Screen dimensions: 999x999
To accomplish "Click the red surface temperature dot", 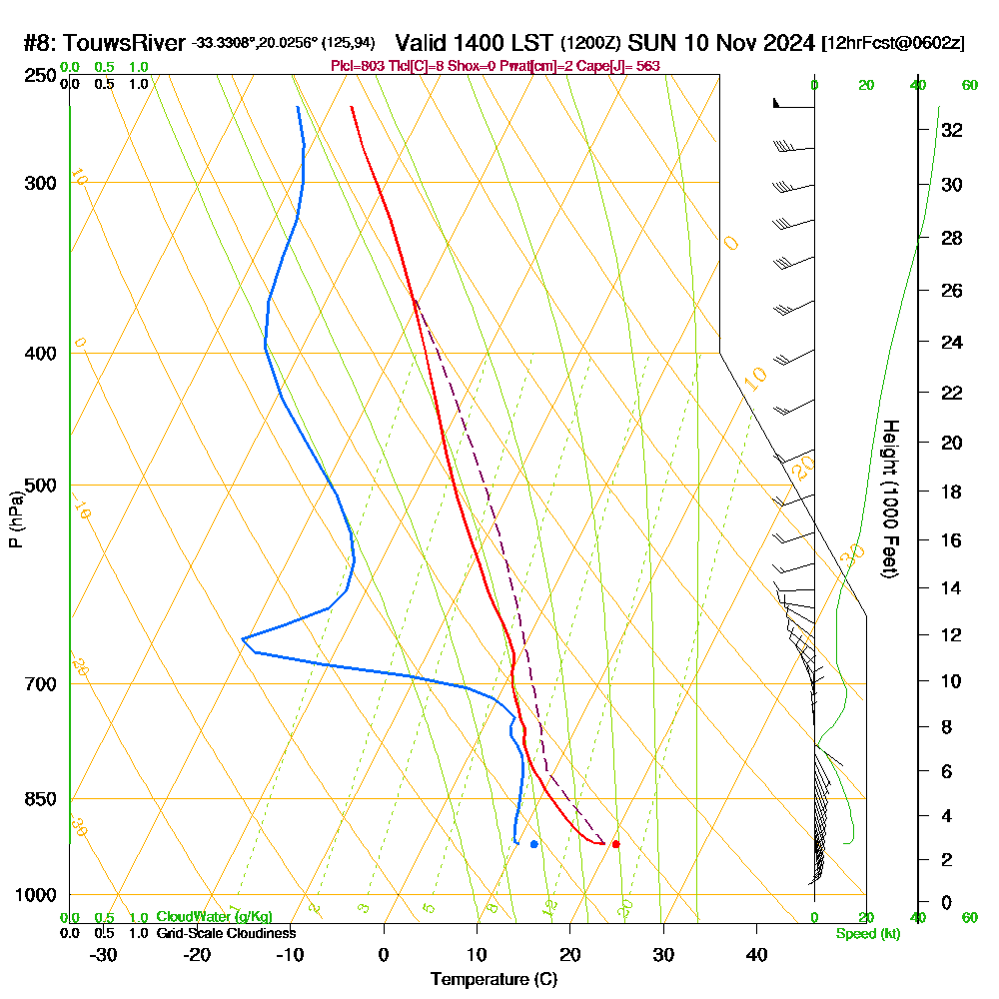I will (x=615, y=844).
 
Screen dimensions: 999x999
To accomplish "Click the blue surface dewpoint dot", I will (x=534, y=844).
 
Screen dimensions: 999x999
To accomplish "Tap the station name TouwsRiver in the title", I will (x=126, y=43).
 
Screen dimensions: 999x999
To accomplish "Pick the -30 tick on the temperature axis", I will (x=104, y=954).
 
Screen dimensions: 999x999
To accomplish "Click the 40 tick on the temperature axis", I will (x=757, y=954).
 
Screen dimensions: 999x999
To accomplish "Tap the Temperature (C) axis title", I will (x=494, y=980).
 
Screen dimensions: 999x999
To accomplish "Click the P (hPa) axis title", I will (x=15, y=519).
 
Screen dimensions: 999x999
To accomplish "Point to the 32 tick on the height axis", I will (x=951, y=129).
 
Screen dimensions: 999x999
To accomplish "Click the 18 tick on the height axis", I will (x=951, y=492).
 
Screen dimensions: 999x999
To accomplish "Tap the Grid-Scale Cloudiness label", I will (x=226, y=933).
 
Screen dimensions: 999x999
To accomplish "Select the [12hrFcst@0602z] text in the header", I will (x=892, y=43).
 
